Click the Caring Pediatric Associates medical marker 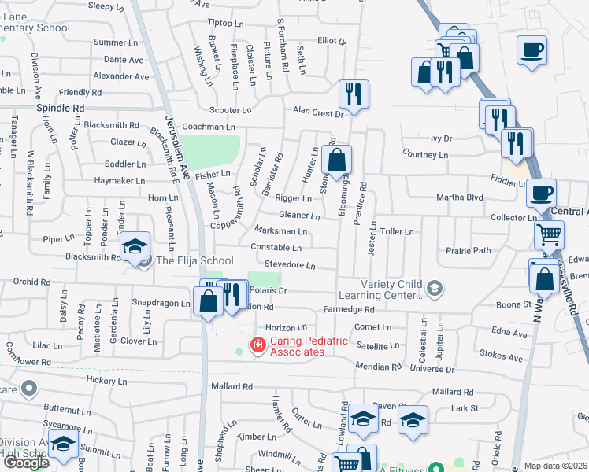[257, 344]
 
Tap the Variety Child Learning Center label [392, 289]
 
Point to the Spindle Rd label [60, 108]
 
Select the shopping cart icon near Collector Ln [550, 234]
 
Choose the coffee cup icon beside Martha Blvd [541, 192]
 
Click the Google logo [25, 463]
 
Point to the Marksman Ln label [281, 231]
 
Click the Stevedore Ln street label [290, 266]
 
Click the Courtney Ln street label [424, 155]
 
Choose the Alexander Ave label [120, 76]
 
